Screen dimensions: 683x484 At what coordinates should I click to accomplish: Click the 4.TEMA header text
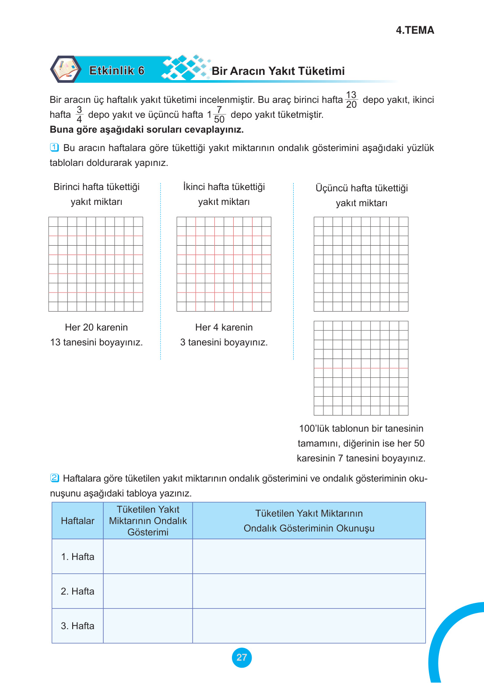pos(415,30)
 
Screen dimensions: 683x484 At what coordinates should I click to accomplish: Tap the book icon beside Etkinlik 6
pos(66,69)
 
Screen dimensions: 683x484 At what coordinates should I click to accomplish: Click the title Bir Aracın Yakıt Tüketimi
pos(278,71)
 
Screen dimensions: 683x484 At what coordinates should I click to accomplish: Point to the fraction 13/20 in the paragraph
pos(351,100)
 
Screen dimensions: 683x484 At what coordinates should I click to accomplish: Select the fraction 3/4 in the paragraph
pos(79,115)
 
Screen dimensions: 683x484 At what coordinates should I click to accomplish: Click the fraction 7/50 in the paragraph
pos(219,115)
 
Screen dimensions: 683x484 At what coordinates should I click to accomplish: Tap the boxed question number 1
pos(54,148)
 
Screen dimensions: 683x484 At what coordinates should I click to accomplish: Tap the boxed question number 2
pos(54,478)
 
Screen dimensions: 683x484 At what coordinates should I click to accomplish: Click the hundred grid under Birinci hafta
pos(96,264)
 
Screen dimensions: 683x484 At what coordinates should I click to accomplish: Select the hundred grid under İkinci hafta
pos(224,264)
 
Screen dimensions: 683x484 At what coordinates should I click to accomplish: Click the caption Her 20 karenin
pos(96,327)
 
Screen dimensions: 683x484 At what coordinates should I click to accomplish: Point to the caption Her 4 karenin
pos(224,327)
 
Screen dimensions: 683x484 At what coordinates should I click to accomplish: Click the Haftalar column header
pos(77,521)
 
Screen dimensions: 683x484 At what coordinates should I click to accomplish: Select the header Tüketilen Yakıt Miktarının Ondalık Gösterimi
pos(148,521)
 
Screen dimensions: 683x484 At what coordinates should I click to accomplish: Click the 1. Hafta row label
pos(77,556)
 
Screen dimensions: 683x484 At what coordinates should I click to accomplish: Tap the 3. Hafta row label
pos(77,626)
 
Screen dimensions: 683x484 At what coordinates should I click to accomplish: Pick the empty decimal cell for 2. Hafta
pos(148,591)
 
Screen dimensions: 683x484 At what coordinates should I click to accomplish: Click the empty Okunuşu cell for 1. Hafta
pos(309,556)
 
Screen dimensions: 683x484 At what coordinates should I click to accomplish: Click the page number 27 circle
pos(242,657)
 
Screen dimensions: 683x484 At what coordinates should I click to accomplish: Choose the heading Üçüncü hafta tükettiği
pos(361,188)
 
